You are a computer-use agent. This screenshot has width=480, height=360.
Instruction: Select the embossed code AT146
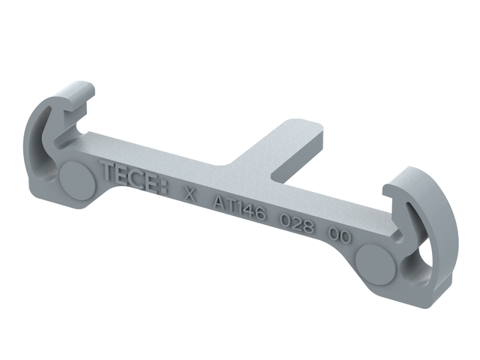click(240, 207)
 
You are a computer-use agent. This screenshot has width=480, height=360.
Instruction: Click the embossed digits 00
click(340, 235)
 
